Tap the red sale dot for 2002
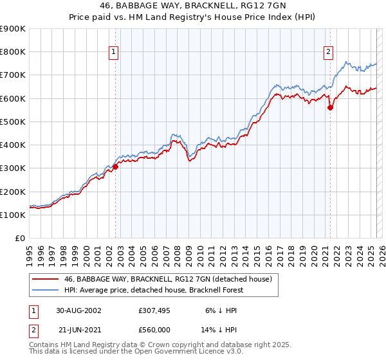tap(116, 166)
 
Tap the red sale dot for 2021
tap(330, 108)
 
